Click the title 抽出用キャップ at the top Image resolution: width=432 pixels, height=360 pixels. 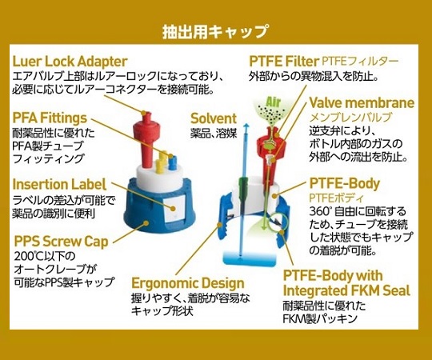(215, 31)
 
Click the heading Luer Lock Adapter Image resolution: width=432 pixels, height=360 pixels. (70, 62)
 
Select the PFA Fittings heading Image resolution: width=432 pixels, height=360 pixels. (50, 118)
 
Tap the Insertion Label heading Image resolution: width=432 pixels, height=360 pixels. (59, 184)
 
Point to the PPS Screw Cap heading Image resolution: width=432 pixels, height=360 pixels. (61, 242)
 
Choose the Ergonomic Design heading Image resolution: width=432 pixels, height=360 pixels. (188, 283)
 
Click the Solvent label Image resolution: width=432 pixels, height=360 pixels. (214, 118)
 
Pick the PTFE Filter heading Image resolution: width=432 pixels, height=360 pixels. (284, 61)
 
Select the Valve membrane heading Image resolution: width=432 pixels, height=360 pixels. (362, 103)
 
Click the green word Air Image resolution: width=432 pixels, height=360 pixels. (274, 102)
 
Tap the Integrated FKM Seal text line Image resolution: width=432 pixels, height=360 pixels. (347, 291)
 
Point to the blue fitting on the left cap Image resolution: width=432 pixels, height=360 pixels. (172, 162)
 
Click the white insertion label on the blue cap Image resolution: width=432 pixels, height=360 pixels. (174, 208)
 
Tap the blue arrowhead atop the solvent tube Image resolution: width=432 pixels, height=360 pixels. (246, 126)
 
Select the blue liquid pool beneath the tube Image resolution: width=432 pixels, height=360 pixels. (250, 259)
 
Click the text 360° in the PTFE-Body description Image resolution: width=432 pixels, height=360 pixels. (320, 211)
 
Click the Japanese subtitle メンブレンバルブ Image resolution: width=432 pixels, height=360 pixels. (350, 118)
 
